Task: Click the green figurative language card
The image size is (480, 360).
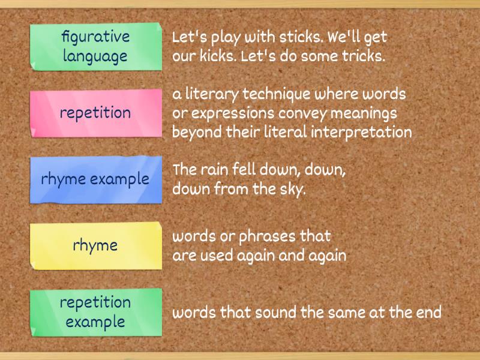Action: tap(95, 46)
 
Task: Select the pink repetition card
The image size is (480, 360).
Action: tap(95, 113)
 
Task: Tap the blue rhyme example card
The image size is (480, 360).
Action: tap(95, 179)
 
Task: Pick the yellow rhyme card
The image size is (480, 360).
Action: tap(95, 245)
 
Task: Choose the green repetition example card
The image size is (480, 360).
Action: tap(95, 311)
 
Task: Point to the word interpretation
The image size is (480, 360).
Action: tap(361, 133)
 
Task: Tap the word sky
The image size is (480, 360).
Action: tap(295, 190)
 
